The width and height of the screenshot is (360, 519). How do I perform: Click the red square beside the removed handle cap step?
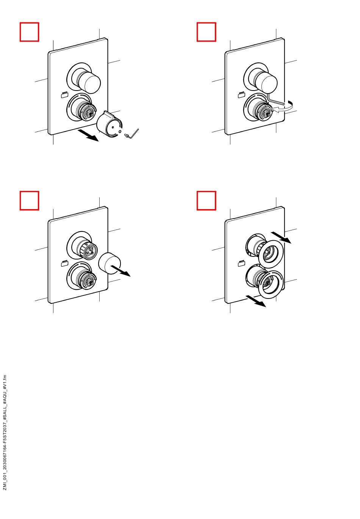click(x=29, y=32)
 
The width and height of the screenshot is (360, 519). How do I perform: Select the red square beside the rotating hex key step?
click(x=206, y=32)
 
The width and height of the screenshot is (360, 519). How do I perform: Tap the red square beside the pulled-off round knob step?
click(x=29, y=201)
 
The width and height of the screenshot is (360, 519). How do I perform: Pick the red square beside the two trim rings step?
click(x=206, y=201)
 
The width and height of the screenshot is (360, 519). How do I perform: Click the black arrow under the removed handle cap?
click(x=88, y=135)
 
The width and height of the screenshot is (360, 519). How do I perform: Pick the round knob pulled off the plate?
click(x=109, y=263)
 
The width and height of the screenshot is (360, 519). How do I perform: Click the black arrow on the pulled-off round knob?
click(x=121, y=271)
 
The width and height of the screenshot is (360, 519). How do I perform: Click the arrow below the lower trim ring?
click(x=256, y=301)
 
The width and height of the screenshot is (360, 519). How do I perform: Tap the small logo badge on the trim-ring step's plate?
click(x=241, y=263)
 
